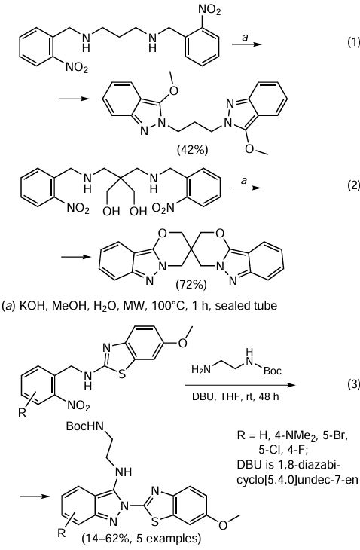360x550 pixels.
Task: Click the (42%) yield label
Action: click(193, 150)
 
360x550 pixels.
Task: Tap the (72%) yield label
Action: click(191, 285)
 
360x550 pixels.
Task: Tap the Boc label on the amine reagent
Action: click(272, 371)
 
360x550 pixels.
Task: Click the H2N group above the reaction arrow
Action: click(201, 370)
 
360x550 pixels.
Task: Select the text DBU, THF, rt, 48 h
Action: click(235, 397)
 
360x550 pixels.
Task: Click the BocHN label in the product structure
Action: click(85, 426)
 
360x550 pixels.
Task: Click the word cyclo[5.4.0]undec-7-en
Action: click(297, 479)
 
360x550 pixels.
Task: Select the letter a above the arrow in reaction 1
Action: click(246, 37)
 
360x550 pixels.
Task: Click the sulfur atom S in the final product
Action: click(155, 522)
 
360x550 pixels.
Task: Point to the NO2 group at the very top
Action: click(209, 11)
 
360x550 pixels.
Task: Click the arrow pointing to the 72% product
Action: click(74, 258)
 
